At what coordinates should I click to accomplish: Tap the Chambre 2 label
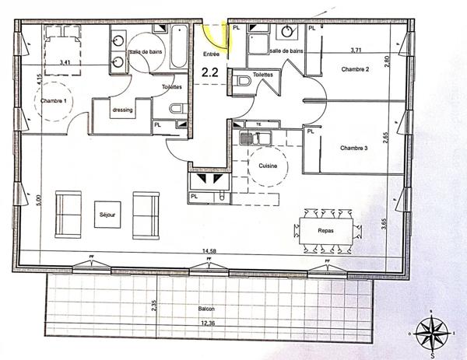(354, 70)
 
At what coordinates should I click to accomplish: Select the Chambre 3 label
(354, 146)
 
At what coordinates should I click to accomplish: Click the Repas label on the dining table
(326, 231)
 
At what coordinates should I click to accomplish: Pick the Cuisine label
(269, 166)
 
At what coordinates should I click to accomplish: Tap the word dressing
(122, 110)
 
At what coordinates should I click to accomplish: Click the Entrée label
(211, 54)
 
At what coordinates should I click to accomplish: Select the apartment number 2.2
(210, 72)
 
